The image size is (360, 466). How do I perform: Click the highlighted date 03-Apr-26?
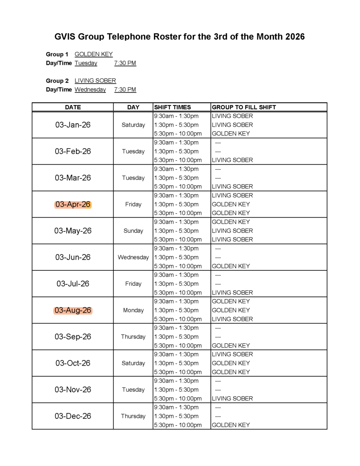pos(73,204)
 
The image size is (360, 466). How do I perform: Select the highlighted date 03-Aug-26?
pos(73,310)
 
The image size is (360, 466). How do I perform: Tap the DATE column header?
pos(73,107)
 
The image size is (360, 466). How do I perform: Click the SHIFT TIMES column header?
pos(172,107)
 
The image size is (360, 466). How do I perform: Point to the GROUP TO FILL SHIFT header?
pos(244,107)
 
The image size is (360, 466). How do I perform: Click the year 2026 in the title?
pos(295,37)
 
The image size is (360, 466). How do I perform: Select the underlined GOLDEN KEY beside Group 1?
pos(94,54)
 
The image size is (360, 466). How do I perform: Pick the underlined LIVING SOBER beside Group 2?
pos(95,81)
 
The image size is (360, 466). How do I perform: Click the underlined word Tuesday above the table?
pos(86,63)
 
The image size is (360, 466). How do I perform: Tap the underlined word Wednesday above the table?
pos(90,90)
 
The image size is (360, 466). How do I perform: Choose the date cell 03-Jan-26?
pos(73,125)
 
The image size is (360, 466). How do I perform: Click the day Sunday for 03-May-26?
pos(133,231)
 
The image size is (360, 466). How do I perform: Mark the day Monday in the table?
pos(133,310)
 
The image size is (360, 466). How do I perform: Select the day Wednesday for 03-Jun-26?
pos(133,257)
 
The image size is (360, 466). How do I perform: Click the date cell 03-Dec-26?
pos(73,416)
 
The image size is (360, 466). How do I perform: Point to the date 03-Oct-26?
pos(73,363)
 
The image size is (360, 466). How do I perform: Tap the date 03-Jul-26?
pos(73,284)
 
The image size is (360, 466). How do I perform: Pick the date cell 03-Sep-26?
pos(73,337)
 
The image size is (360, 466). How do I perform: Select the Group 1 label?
pos(57,54)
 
